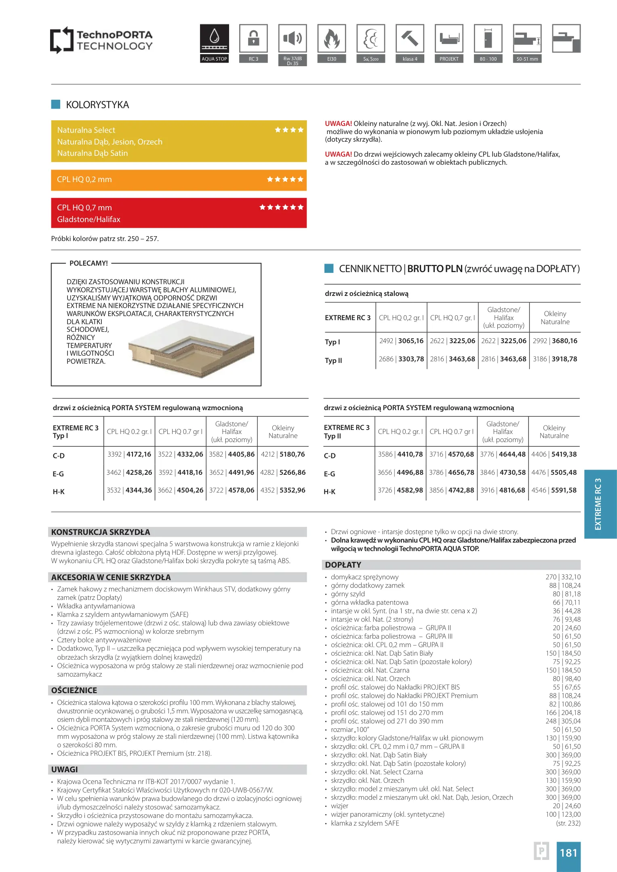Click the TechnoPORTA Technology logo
101,40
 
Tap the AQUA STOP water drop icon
214,39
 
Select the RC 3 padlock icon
253,39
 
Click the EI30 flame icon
331,39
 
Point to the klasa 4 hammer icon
410,39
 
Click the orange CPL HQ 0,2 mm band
179,180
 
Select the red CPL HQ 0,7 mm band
179,213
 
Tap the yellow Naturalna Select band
179,141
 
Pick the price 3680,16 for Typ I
564,341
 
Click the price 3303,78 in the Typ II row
411,359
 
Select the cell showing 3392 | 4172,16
129,455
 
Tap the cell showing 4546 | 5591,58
554,491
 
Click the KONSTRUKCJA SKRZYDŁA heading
101,532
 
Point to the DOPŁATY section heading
343,565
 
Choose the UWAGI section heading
65,769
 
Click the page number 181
568,853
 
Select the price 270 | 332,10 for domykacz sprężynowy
563,577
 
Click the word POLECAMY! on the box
88,264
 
